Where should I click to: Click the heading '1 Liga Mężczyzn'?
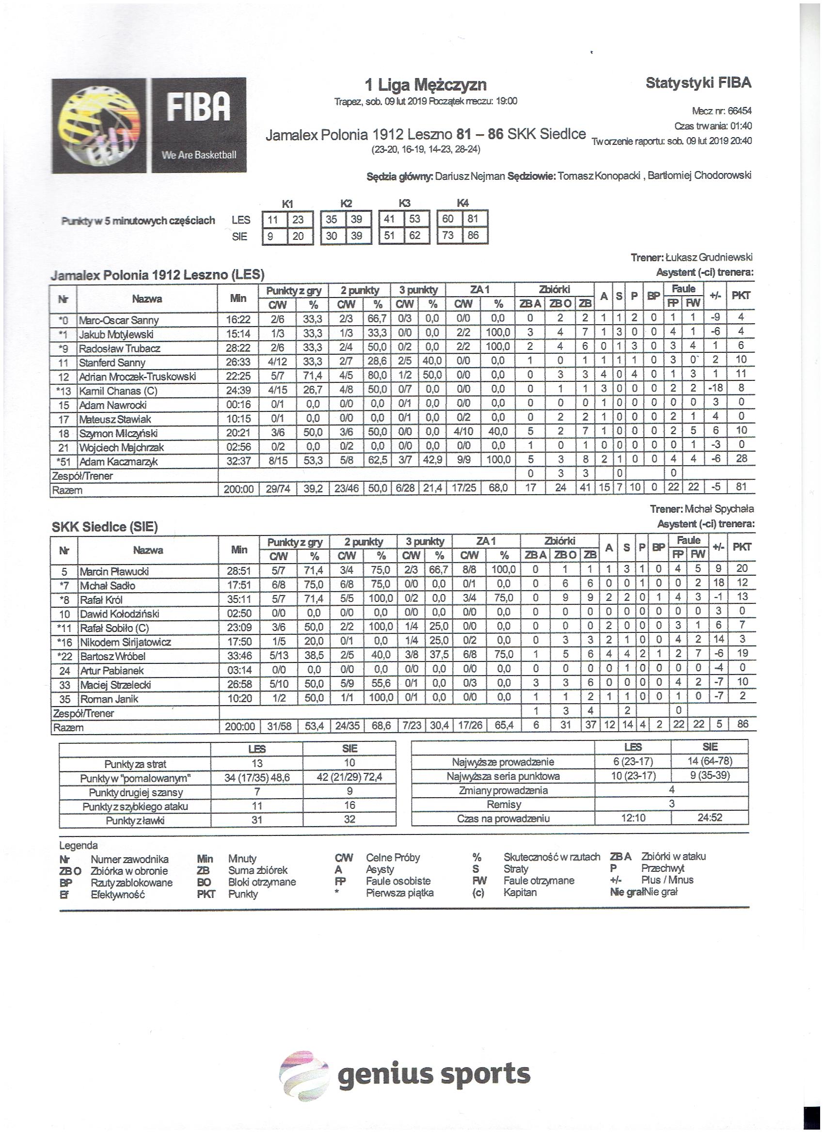(426, 85)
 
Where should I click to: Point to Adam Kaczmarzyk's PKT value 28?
(741, 458)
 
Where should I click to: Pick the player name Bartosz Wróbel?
(113, 657)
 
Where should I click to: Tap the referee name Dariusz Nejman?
(470, 176)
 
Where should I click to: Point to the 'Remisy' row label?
(504, 804)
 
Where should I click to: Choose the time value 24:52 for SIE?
(710, 818)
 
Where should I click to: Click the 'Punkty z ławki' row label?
(135, 820)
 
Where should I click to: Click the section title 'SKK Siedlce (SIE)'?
(105, 527)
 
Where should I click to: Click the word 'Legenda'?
(79, 845)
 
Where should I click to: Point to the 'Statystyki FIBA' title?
(698, 83)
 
